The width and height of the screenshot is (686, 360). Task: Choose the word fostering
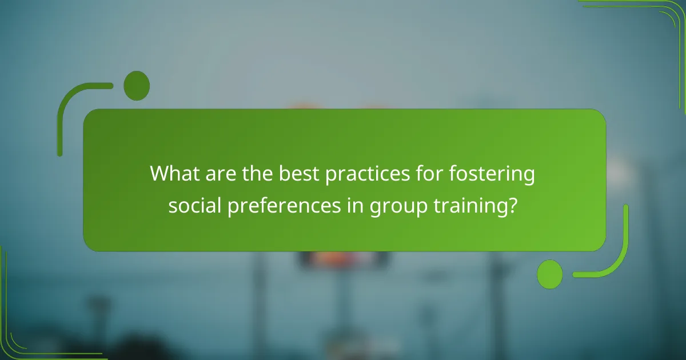coord(499,174)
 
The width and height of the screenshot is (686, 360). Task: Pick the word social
coord(194,205)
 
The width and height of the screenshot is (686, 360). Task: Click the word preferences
coord(281,206)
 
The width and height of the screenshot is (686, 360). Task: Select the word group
coord(392,206)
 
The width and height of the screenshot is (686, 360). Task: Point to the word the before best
coord(258,174)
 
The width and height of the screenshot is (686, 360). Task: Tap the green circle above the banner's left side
coord(137,86)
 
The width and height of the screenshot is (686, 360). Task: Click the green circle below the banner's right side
coord(550,274)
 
